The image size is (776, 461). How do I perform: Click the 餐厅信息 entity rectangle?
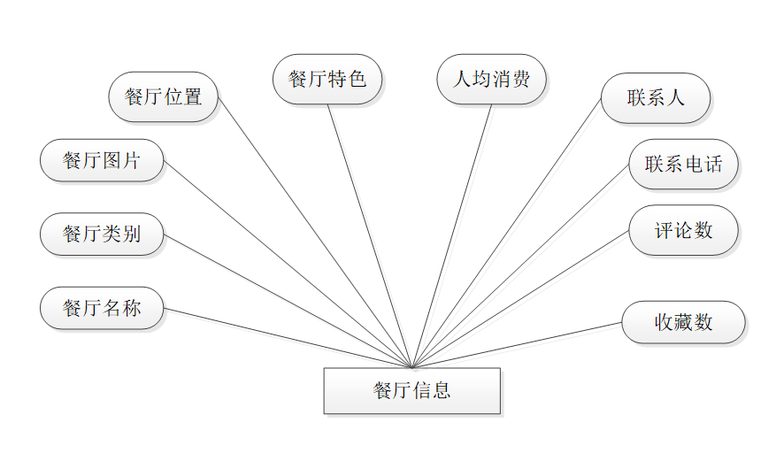point(411,391)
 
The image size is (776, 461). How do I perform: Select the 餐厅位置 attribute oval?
point(164,96)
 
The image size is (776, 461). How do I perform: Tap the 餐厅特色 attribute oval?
point(327,79)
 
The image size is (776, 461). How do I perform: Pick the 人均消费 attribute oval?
point(491,79)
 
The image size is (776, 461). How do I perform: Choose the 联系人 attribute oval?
point(656,97)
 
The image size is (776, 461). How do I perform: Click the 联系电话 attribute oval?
point(683,164)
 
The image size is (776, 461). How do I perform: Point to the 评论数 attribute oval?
point(683,230)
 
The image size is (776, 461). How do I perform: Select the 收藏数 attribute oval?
point(683,322)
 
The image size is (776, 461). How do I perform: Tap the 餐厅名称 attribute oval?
point(102,309)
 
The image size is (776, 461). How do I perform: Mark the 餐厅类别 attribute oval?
point(102,234)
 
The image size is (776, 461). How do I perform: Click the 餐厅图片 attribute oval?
point(102,160)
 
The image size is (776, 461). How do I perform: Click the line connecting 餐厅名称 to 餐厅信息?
point(288,338)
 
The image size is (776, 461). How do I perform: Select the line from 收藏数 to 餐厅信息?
point(518,345)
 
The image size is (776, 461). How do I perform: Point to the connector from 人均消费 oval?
point(451,236)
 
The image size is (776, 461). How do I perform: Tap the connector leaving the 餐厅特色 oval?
point(370,236)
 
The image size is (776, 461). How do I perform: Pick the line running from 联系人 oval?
point(507,234)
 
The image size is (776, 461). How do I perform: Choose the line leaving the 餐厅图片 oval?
point(288,264)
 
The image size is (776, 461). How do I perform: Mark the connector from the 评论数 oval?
point(520,299)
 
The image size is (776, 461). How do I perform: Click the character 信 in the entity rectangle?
point(421,391)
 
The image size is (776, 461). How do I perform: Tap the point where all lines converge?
point(412,367)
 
